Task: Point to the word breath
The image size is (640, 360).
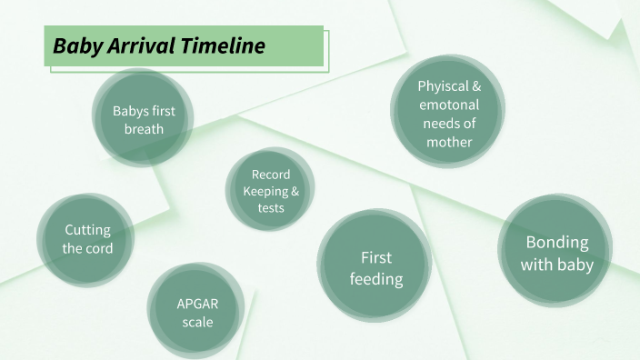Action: pyautogui.click(x=144, y=129)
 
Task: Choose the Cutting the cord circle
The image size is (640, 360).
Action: pyautogui.click(x=87, y=238)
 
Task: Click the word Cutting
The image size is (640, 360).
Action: pyautogui.click(x=88, y=230)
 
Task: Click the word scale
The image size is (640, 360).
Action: pyautogui.click(x=197, y=322)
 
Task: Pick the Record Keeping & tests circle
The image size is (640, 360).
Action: pyautogui.click(x=270, y=190)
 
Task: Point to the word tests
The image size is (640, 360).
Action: pyautogui.click(x=270, y=207)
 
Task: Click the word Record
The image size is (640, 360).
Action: pyautogui.click(x=271, y=174)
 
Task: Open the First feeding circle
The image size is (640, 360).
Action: pyautogui.click(x=375, y=267)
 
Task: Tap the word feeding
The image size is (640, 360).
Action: pyautogui.click(x=376, y=278)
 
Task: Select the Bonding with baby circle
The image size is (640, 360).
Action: pyautogui.click(x=557, y=253)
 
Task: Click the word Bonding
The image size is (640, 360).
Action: pyautogui.click(x=557, y=243)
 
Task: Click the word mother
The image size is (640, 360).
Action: pyautogui.click(x=449, y=142)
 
